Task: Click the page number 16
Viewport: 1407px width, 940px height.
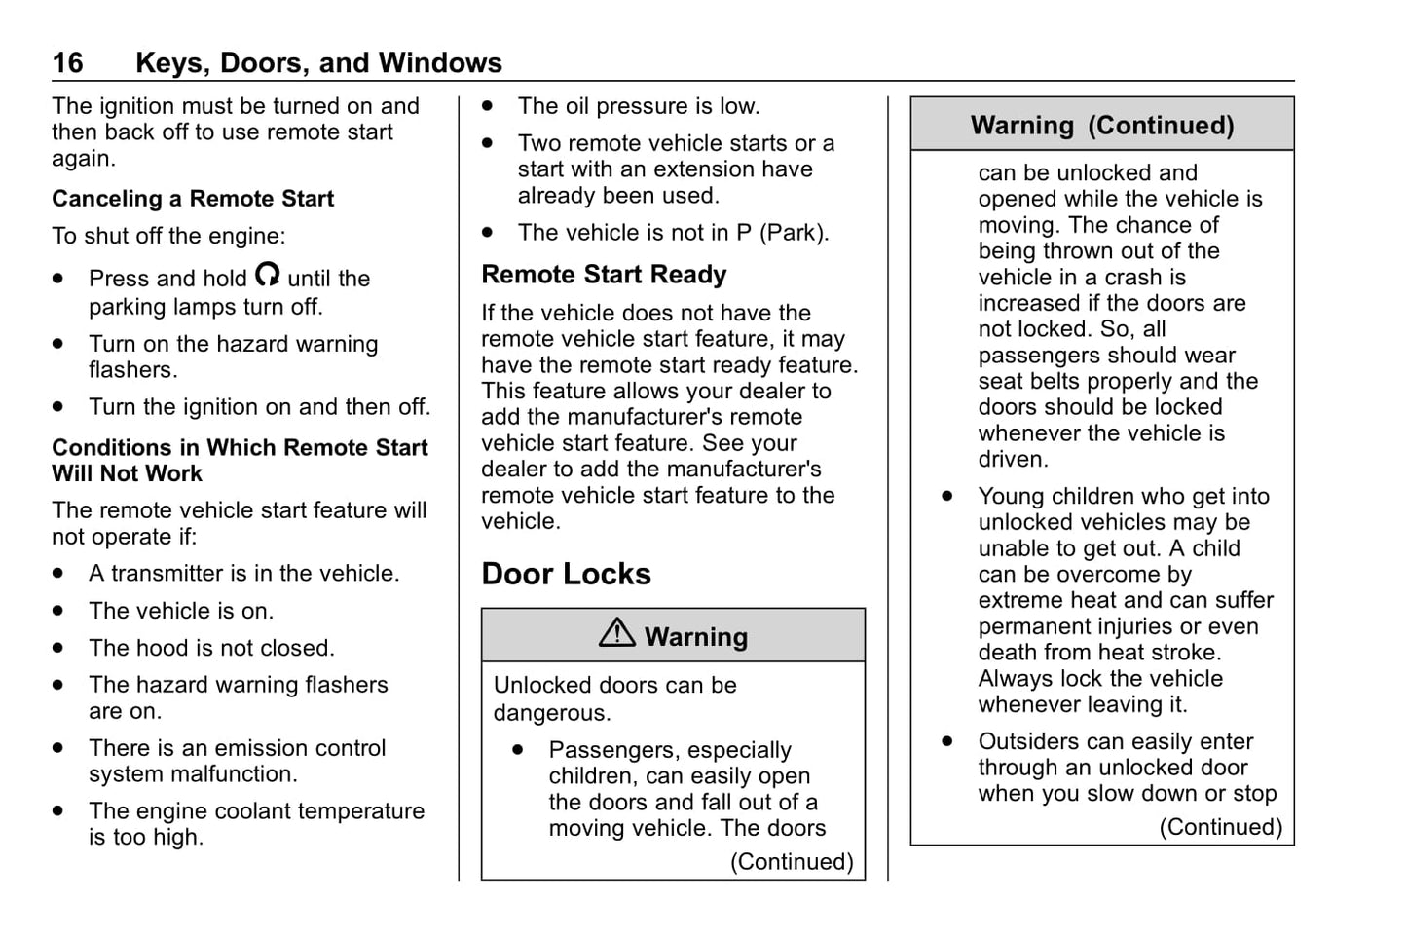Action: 67,63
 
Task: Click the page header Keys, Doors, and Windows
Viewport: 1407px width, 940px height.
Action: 318,63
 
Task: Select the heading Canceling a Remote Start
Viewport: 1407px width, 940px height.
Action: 193,199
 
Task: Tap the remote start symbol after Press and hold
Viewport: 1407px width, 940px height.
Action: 268,276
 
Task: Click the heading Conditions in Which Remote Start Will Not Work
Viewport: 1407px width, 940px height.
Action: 240,461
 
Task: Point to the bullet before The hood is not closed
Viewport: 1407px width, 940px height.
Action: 59,648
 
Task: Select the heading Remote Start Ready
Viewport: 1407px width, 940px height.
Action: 604,275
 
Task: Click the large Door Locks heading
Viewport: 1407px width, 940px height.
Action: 566,574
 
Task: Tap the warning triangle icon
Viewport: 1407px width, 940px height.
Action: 616,634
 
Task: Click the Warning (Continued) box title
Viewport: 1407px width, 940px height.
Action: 1101,126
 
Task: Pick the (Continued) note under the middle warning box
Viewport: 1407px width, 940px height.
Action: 792,862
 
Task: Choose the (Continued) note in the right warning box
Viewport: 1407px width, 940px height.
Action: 1220,827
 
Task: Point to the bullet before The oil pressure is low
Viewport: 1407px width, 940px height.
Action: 487,106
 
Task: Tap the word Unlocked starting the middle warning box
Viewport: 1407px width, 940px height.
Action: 541,686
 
